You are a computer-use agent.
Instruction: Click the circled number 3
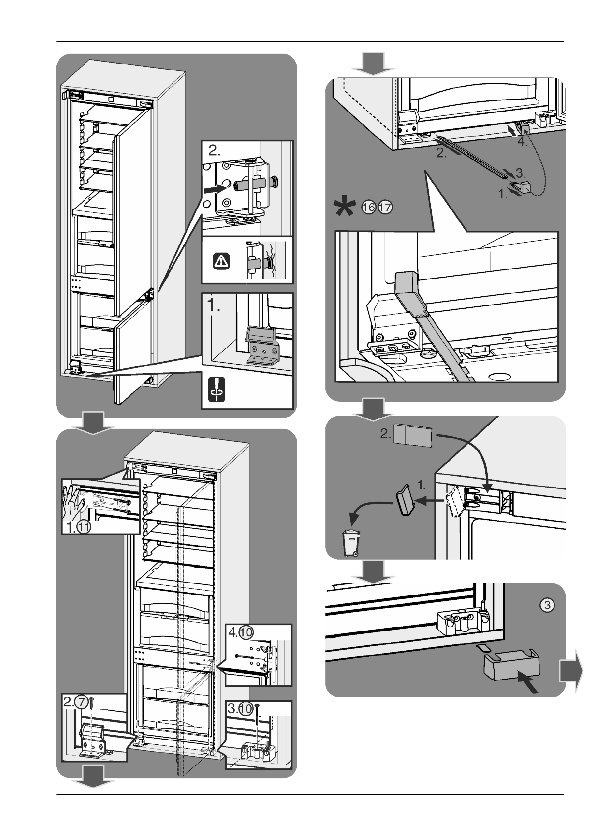[547, 605]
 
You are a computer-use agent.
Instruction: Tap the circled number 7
[81, 702]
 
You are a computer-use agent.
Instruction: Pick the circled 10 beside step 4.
[246, 632]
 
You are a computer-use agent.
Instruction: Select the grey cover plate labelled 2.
[413, 435]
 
